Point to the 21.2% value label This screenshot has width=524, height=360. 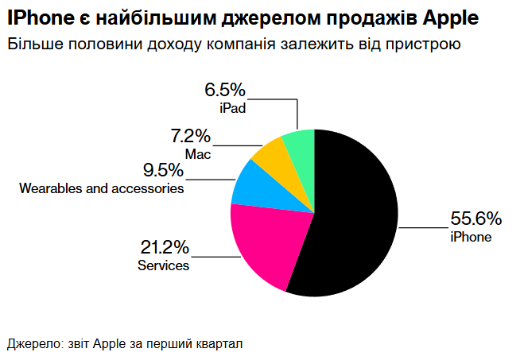pos(163,247)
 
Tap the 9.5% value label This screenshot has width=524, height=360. pos(164,170)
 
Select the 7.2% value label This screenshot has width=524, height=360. pos(191,136)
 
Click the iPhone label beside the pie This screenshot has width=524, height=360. pos(471,237)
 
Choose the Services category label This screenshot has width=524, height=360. pos(163,265)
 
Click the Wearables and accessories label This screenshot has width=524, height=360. pos(102,189)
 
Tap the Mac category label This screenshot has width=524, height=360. pos(198,154)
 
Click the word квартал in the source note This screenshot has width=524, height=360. pos(219,344)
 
